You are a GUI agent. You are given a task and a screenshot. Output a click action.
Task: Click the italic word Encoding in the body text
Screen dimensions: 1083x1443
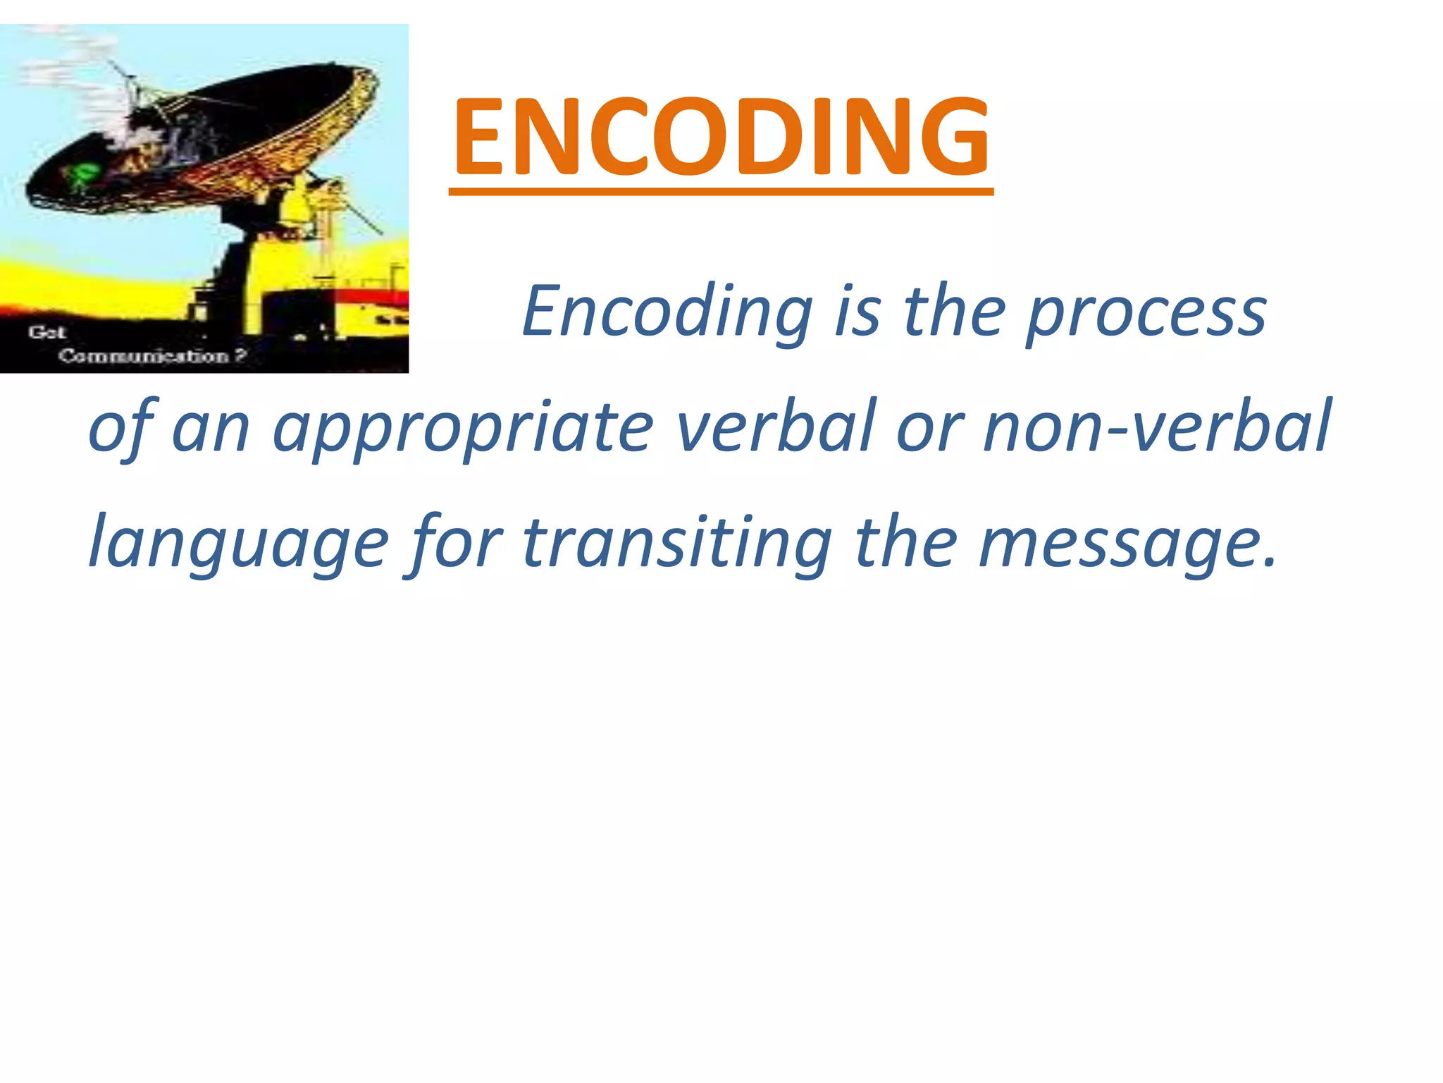pos(667,311)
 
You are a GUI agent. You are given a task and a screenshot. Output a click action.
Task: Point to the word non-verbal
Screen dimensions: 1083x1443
pos(1156,427)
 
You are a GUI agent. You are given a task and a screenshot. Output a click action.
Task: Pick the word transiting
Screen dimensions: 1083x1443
pos(677,542)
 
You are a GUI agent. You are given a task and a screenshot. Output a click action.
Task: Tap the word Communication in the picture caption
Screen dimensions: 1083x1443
pos(144,356)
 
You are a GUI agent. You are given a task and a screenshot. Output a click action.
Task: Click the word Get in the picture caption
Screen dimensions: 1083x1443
pos(47,332)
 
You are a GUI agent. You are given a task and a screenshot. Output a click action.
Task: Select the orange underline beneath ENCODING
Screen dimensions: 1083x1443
pos(721,191)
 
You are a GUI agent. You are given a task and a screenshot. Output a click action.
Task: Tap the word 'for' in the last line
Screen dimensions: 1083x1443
pos(455,542)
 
